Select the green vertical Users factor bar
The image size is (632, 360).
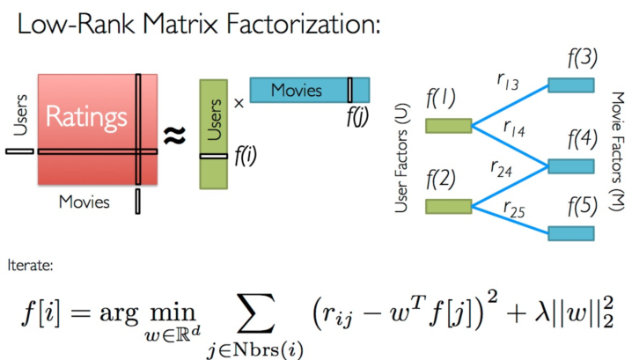coord(214,133)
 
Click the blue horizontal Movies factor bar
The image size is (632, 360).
coord(309,90)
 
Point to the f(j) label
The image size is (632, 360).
coord(356,114)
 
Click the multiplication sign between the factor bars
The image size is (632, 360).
coord(239,103)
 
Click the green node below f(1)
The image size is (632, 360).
coord(448,125)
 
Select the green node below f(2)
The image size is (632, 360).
coord(448,206)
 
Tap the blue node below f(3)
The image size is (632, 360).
coord(571,85)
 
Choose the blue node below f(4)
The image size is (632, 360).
coord(571,165)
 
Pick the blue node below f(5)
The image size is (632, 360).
coord(571,233)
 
